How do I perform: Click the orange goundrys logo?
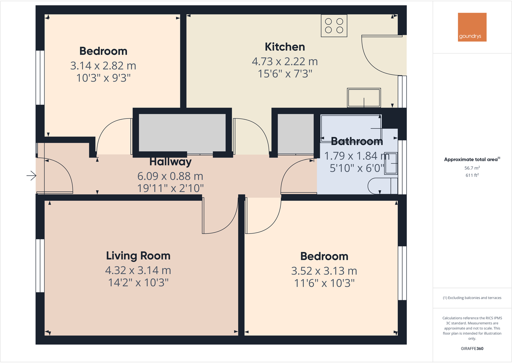[472, 27]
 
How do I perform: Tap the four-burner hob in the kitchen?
[334, 26]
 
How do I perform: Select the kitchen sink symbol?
[364, 98]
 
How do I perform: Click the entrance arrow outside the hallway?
[31, 176]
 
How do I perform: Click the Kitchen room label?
[285, 47]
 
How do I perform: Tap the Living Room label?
[138, 256]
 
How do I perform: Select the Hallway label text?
[170, 162]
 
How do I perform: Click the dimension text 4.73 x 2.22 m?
[285, 61]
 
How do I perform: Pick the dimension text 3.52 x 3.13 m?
[324, 271]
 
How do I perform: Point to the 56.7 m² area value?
[472, 168]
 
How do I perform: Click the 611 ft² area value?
[472, 175]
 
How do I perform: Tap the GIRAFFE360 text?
[472, 349]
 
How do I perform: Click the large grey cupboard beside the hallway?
[182, 133]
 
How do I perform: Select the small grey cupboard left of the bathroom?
[296, 133]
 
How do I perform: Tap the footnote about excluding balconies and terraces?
[472, 298]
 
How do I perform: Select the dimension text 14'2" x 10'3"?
[138, 282]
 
